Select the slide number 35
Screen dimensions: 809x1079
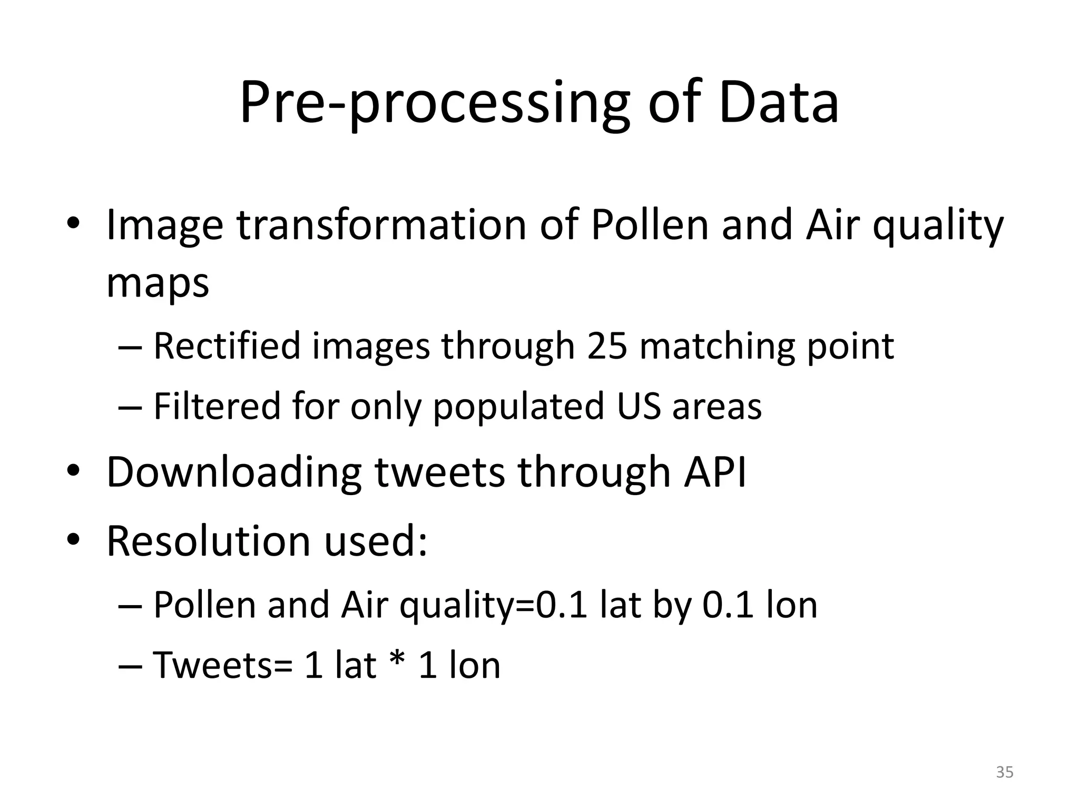tap(1005, 772)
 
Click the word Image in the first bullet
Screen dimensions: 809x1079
tap(165, 225)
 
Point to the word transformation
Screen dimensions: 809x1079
tap(381, 225)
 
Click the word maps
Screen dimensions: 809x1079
tap(158, 283)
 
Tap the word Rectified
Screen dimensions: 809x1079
tap(227, 347)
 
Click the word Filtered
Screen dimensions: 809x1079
tap(217, 407)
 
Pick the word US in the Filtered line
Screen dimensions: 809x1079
tap(639, 407)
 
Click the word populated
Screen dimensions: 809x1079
tap(518, 407)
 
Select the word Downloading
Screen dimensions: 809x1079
tap(234, 472)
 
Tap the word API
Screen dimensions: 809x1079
tap(715, 472)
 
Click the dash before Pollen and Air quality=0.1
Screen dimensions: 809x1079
tap(130, 606)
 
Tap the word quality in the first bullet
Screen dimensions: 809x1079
tap(938, 225)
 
